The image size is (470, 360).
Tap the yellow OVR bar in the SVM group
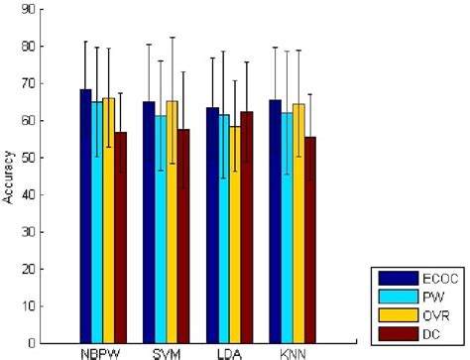[x=172, y=222]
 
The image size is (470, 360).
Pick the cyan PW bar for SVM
[x=160, y=229]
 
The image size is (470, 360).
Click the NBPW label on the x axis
[x=103, y=353]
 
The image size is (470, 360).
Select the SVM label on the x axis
[x=166, y=353]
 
